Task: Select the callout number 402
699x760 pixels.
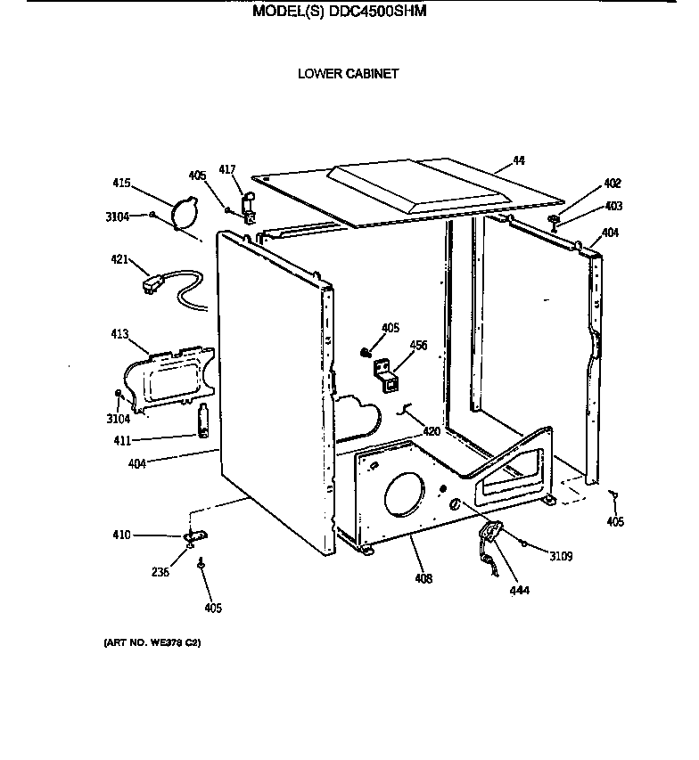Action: (612, 184)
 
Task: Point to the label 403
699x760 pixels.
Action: (613, 206)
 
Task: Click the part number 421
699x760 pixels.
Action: (120, 259)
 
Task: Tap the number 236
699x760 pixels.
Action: (160, 573)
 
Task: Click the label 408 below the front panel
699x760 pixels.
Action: (424, 579)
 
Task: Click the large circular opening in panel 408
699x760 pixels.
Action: (405, 494)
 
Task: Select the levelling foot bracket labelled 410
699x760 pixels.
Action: (193, 536)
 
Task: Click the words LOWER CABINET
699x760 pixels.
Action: (348, 74)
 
